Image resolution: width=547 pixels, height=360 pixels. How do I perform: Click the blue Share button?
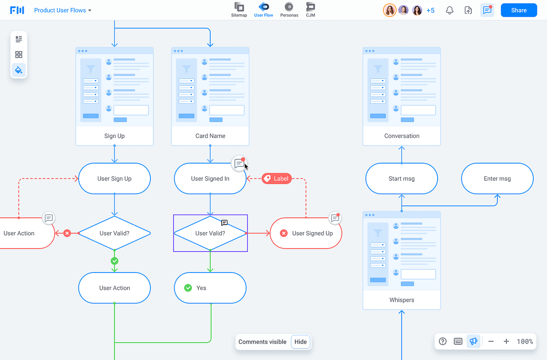(519, 10)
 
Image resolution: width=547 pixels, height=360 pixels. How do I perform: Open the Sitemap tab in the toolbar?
(239, 10)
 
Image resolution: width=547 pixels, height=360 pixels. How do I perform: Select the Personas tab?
(289, 10)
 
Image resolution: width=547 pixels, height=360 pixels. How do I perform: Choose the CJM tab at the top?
(310, 10)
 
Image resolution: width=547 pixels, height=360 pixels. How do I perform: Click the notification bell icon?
(449, 10)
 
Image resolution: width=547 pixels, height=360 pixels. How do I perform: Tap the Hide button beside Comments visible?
(300, 342)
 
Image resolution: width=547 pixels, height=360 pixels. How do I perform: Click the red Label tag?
(277, 179)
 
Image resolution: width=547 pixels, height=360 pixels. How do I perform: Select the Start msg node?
(402, 179)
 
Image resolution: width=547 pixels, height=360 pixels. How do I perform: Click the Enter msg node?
(497, 179)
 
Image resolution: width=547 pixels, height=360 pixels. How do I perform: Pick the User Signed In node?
(210, 179)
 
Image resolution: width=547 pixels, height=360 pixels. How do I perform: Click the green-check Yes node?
(210, 288)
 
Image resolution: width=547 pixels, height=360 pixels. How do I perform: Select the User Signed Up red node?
(306, 233)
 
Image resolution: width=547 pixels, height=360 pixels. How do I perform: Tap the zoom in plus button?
(506, 341)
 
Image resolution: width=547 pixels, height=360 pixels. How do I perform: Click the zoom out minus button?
(491, 341)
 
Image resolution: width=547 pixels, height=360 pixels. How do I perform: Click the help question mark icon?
(443, 341)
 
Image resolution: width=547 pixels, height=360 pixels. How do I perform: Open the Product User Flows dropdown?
(63, 10)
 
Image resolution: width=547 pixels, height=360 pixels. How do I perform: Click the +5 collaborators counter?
(430, 10)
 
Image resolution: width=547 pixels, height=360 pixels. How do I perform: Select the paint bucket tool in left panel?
(19, 70)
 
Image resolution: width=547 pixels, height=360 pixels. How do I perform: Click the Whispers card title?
(402, 300)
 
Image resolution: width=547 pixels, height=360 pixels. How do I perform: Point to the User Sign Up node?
(114, 179)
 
